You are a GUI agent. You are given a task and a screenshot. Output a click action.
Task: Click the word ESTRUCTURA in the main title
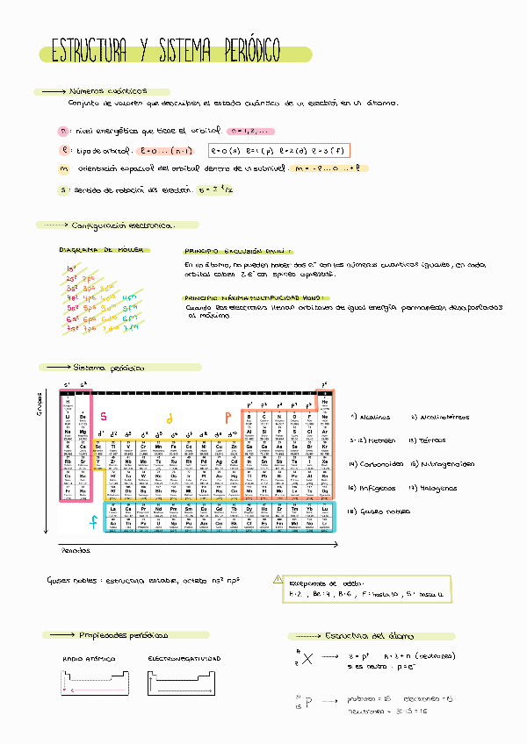pos(92,53)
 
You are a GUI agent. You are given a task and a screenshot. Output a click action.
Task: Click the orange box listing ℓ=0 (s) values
pos(279,150)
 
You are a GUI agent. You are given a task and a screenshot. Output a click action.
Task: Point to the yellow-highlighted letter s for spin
pos(64,190)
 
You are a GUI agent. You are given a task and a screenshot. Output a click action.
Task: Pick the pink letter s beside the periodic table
pos(104,416)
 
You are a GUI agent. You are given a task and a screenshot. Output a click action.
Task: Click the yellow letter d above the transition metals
pos(170,418)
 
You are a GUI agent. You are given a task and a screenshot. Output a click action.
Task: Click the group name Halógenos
pos(441,488)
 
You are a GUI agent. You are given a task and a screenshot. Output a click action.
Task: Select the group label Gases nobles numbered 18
pos(383,511)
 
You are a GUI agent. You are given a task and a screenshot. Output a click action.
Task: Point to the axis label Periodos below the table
pos(75,551)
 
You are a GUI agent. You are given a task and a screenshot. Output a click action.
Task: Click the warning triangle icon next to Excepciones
pos(278,580)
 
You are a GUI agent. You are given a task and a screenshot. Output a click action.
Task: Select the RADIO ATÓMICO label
pos(89,658)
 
